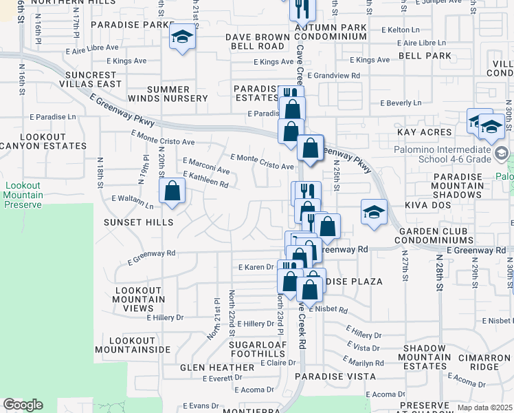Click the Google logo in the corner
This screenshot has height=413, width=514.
[23, 405]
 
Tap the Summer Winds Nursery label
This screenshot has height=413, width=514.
[168, 94]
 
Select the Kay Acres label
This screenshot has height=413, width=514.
[424, 131]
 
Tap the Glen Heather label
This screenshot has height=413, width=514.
[217, 368]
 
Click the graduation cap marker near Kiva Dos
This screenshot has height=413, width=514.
[374, 212]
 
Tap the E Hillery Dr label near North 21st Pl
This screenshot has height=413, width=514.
[166, 317]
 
